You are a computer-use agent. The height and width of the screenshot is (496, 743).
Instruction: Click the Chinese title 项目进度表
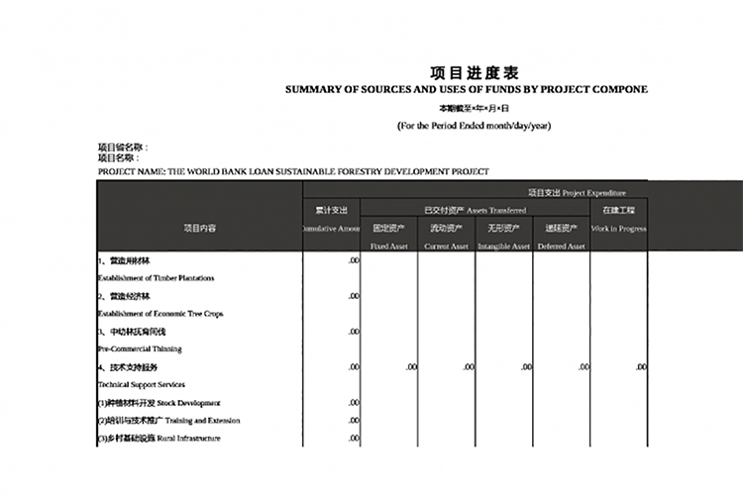pos(474,73)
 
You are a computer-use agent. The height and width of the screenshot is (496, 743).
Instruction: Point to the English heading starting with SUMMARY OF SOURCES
pos(467,89)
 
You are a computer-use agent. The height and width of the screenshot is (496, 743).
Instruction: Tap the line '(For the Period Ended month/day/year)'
pos(474,126)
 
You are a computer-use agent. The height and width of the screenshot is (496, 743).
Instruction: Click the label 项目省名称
pos(122,147)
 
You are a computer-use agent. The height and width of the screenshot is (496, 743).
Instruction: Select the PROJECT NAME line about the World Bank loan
pos(293,171)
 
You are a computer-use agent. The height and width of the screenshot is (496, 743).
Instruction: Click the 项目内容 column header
pos(199,228)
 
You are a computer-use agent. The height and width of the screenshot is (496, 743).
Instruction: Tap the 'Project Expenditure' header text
pos(577,192)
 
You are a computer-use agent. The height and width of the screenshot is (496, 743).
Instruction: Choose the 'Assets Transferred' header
pos(475,210)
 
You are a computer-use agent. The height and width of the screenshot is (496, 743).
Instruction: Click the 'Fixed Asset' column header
pos(388,246)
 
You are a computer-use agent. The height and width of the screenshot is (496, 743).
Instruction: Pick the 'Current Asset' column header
pos(446,246)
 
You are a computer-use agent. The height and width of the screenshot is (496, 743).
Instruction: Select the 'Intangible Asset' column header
pos(503,246)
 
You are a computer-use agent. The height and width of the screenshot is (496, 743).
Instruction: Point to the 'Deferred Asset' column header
pos(562,246)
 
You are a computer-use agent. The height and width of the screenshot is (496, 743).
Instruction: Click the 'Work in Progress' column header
pos(619,229)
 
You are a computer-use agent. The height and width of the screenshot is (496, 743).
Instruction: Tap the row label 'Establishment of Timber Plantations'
pos(156,278)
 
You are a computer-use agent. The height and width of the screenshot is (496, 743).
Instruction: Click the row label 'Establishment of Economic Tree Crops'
pos(159,314)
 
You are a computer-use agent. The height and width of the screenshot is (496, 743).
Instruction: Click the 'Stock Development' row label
pos(159,403)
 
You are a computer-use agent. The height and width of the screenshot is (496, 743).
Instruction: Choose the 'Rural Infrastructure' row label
pos(159,439)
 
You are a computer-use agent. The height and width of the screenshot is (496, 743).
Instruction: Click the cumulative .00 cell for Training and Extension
pos(354,421)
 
